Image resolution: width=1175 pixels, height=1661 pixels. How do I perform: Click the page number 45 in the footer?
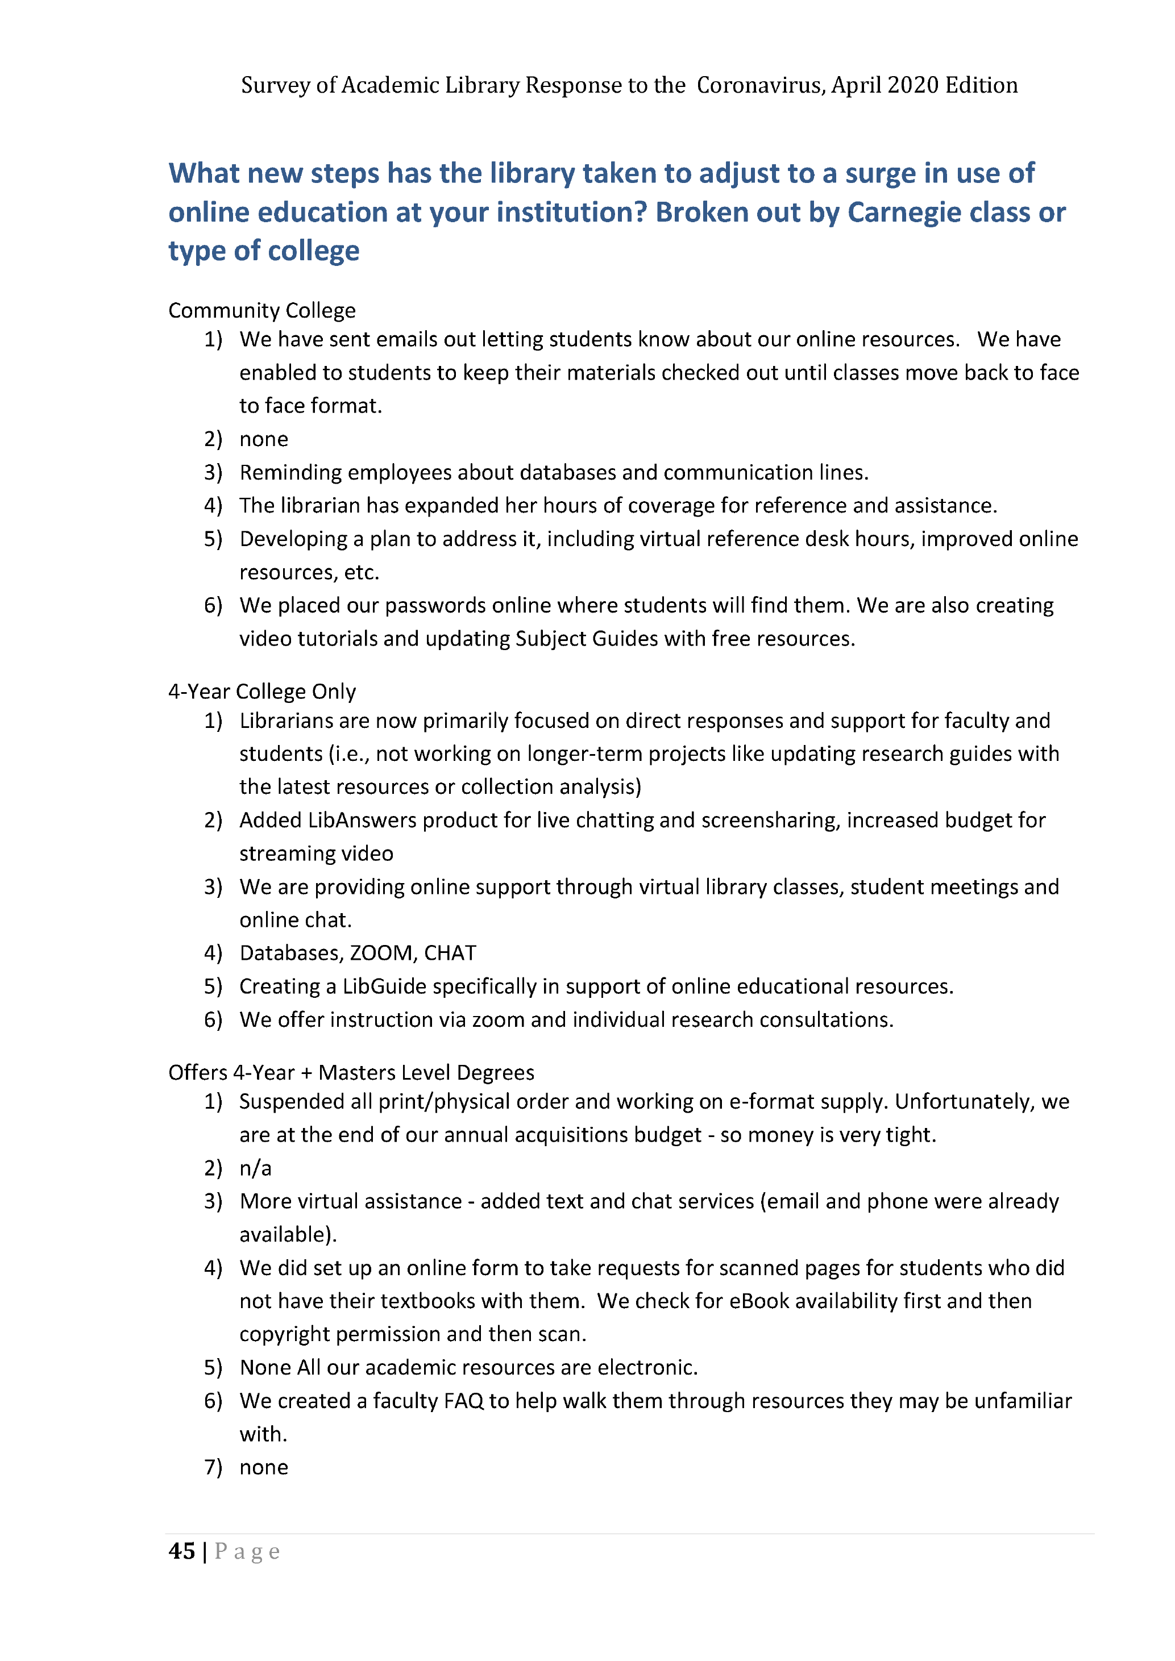tap(181, 1551)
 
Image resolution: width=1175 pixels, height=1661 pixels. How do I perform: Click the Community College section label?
tap(262, 310)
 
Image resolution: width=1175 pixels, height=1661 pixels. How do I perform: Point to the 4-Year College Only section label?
tap(262, 692)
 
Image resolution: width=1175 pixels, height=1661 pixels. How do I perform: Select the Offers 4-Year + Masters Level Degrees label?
tap(351, 1072)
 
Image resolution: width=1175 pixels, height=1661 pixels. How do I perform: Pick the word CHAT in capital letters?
tap(450, 953)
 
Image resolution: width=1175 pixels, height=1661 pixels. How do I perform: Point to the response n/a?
tap(255, 1168)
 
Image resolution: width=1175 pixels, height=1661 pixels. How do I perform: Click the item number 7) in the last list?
tap(213, 1467)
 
